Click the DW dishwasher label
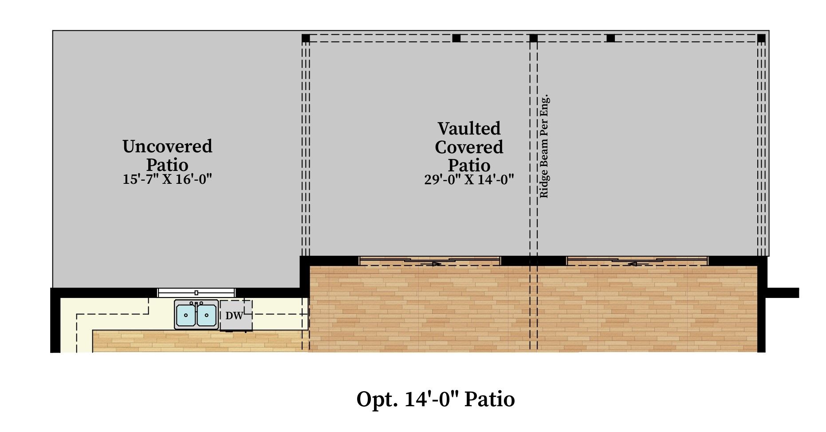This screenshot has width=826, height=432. (234, 316)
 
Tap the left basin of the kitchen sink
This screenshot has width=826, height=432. (186, 315)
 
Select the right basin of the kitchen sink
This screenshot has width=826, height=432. (206, 315)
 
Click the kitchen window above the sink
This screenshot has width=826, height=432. (196, 293)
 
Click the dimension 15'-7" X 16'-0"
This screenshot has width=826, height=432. (167, 179)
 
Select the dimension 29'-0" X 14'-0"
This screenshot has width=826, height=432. (469, 179)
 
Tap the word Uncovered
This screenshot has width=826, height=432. (167, 146)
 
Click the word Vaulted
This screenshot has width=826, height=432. (469, 128)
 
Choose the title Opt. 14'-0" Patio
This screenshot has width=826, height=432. (436, 399)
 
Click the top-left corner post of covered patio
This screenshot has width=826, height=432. (306, 38)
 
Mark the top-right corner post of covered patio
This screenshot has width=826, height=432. (761, 38)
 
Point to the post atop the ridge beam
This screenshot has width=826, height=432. (534, 38)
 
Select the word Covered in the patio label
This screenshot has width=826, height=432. (469, 147)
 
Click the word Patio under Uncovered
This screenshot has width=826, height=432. (167, 165)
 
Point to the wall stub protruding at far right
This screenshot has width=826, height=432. (783, 293)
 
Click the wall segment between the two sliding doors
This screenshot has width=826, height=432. (533, 261)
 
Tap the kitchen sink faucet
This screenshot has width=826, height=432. (196, 304)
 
